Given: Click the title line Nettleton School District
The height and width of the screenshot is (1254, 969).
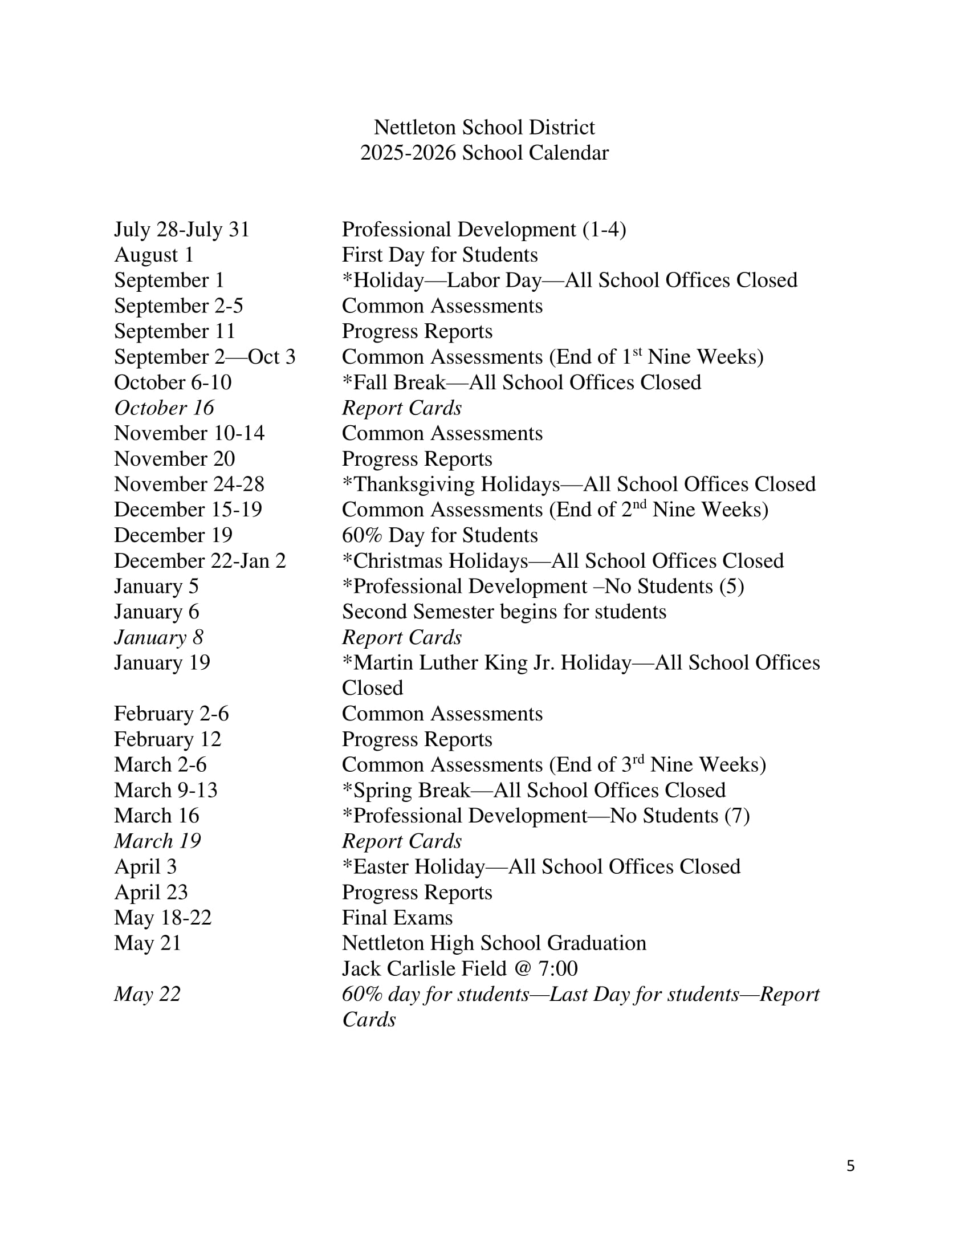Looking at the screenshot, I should click(484, 128).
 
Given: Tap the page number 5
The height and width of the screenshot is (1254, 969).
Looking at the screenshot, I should click(850, 1166).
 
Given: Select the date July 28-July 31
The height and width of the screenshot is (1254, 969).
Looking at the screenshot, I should click(181, 230).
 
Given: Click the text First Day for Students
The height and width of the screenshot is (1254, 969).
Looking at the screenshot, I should click(439, 255).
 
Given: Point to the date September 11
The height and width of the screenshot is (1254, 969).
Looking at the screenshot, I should click(174, 331).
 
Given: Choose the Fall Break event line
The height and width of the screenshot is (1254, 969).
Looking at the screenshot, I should click(521, 382).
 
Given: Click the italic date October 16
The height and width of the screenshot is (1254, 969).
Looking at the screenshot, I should click(164, 408).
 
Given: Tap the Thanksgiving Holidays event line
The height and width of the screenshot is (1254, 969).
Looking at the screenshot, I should click(579, 484).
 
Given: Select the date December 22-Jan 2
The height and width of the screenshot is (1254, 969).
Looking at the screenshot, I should click(199, 561).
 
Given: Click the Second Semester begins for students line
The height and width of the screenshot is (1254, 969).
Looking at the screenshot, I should click(504, 612).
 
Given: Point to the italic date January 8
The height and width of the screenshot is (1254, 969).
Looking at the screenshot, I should click(158, 637).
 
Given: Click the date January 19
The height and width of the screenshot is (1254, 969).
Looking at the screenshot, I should click(162, 663).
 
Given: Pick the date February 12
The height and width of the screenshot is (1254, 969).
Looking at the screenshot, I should click(167, 739).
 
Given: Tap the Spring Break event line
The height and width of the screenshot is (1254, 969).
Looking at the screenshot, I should click(534, 791).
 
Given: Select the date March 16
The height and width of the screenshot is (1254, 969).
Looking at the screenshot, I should click(156, 816).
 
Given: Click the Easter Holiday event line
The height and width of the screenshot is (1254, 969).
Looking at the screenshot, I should click(541, 867).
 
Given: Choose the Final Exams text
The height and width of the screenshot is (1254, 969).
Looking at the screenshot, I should click(397, 918).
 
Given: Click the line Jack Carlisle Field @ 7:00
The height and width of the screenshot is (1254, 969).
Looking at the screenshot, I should click(460, 968).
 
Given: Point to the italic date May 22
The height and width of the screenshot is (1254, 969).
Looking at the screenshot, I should click(147, 995).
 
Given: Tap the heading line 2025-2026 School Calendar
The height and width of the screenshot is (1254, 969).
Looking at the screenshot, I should click(484, 153).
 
